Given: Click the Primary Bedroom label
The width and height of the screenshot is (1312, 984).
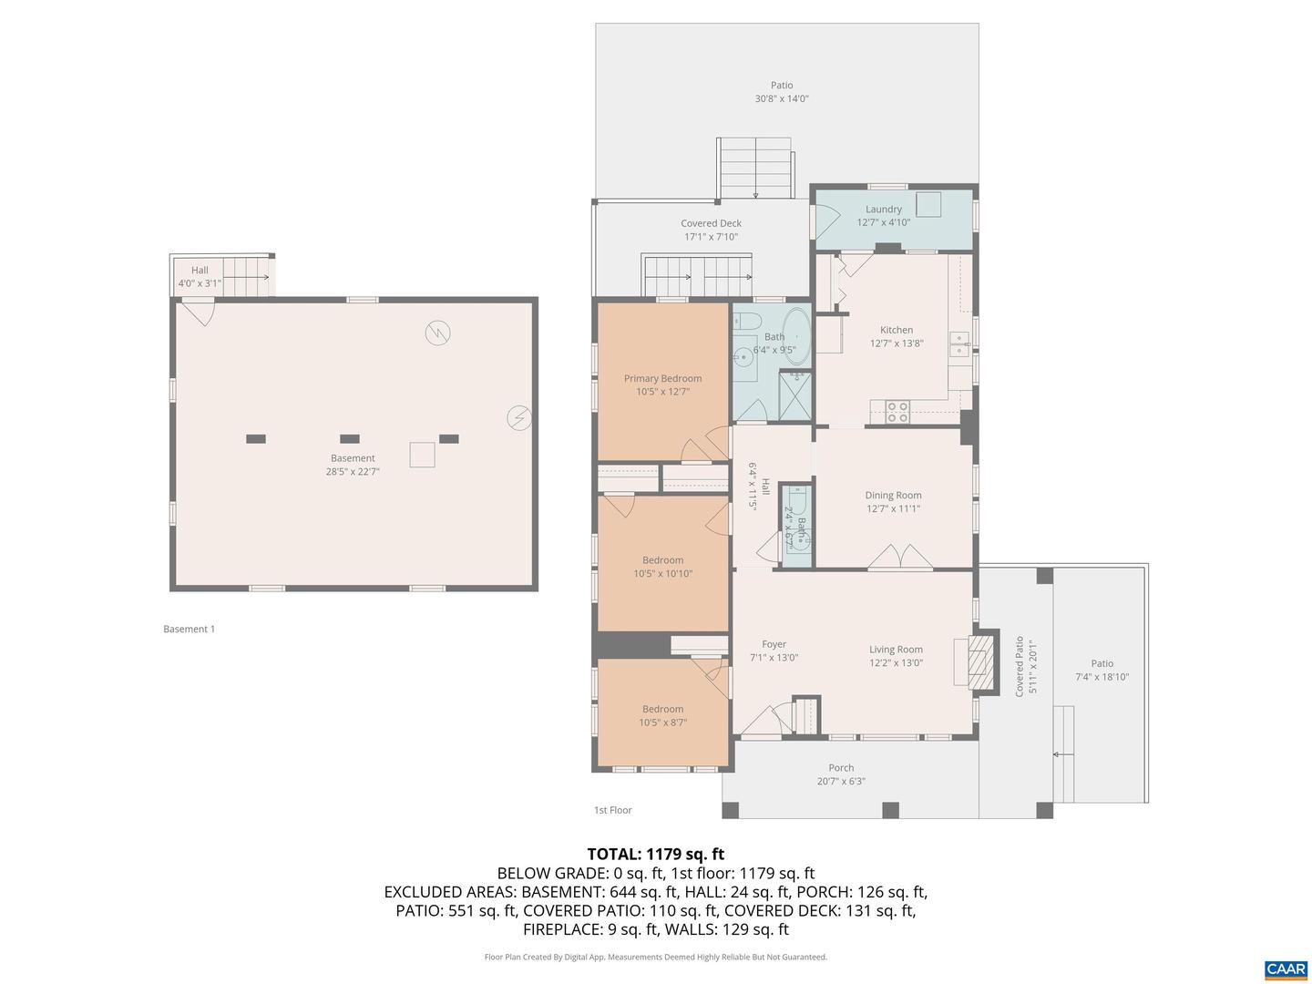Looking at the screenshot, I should (662, 378).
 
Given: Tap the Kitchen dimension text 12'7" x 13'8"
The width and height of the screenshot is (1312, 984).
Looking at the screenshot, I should (897, 343).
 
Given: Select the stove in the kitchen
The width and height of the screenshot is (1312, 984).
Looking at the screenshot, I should (897, 412).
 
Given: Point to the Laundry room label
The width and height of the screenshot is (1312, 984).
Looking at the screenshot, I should (883, 209).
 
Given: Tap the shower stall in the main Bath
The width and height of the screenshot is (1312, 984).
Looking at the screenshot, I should (794, 396).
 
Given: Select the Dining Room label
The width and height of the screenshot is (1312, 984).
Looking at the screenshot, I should (893, 496).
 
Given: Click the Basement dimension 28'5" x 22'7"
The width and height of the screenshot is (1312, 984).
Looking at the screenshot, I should (353, 472).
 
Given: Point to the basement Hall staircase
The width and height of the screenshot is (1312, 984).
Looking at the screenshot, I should (247, 276).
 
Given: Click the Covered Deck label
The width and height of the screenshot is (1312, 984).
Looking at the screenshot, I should (711, 223).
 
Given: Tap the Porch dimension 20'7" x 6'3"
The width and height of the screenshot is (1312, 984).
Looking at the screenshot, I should (841, 781).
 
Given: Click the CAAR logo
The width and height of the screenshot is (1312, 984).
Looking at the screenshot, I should (1286, 969).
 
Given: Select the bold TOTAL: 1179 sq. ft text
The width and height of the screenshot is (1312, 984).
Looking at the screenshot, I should (655, 854).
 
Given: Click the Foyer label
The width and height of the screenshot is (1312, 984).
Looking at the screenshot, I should (774, 644).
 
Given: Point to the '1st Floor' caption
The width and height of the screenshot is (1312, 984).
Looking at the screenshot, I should (612, 810).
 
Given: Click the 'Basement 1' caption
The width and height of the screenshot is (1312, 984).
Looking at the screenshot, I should (189, 629).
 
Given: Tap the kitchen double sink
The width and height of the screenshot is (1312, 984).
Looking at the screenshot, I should (958, 343).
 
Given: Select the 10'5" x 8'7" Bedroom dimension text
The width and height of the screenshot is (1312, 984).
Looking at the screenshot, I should (662, 723).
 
